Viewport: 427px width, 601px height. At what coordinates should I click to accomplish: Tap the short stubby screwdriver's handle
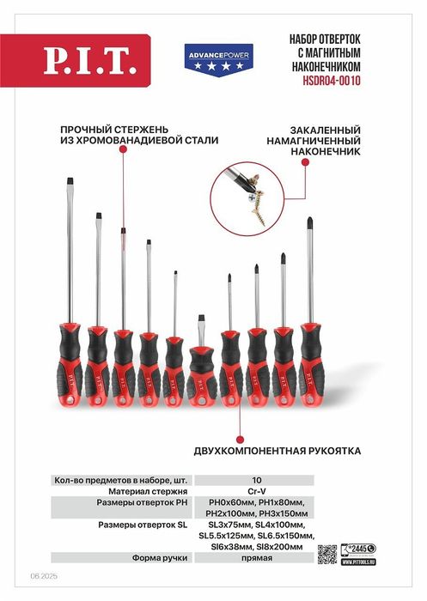pos(202,369)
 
